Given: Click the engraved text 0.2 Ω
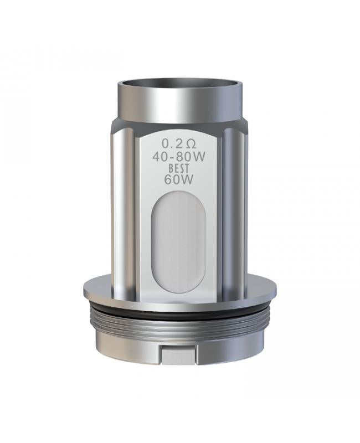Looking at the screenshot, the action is tap(178, 144).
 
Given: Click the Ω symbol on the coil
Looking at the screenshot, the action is tap(191, 145).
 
